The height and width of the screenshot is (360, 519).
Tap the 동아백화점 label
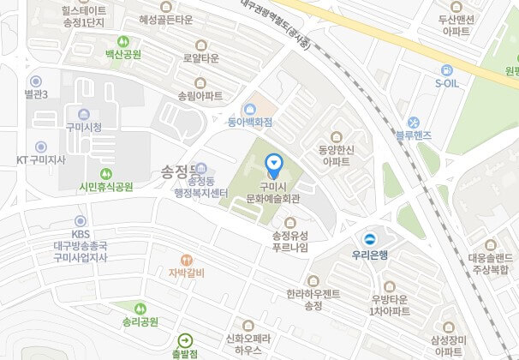(249, 123)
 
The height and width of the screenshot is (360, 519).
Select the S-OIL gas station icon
(446, 70)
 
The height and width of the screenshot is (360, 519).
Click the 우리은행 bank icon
(370, 239)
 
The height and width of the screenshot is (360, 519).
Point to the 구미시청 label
(83, 127)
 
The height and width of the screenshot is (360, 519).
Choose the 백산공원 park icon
(122, 40)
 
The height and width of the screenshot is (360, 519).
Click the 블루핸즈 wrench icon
(412, 122)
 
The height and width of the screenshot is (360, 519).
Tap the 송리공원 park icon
(140, 308)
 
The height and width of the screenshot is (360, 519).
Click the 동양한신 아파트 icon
(335, 135)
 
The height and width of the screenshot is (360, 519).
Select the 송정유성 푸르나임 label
(289, 242)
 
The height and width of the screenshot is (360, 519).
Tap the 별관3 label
(36, 93)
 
